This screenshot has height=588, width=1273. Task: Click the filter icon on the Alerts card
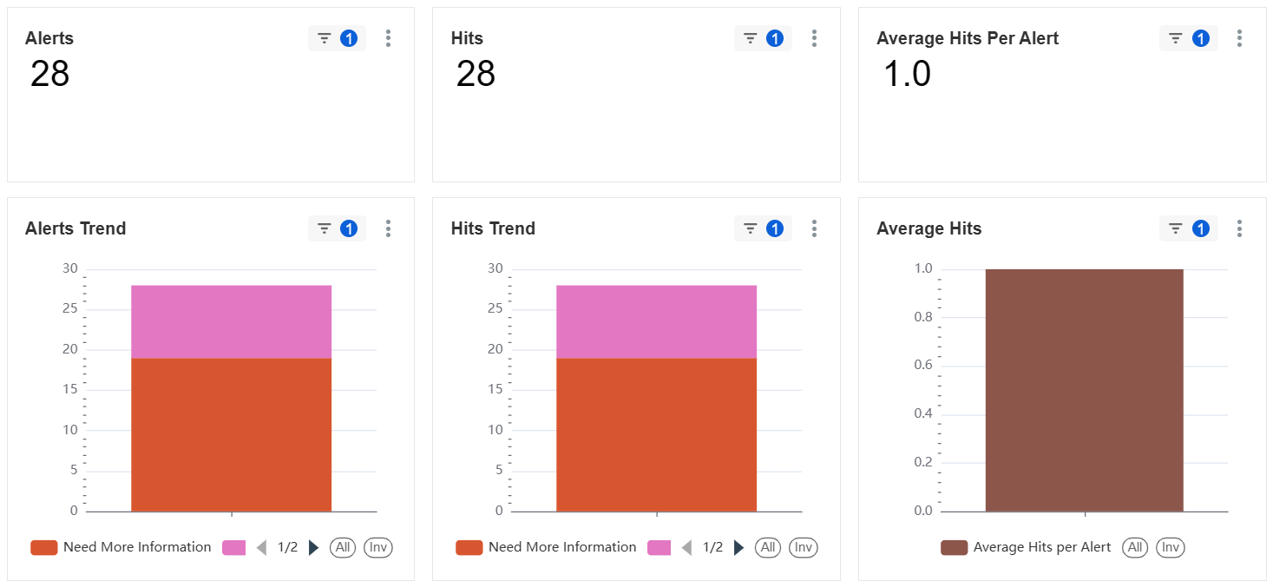(324, 38)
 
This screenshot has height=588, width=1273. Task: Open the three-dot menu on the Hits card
(814, 38)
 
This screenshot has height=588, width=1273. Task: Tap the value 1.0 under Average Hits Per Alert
(907, 74)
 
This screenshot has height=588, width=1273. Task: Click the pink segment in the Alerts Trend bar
(232, 322)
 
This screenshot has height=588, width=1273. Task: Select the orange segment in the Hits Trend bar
(656, 434)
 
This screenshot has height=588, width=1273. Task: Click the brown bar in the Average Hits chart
(1085, 390)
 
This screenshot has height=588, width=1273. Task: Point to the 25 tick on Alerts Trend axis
(70, 308)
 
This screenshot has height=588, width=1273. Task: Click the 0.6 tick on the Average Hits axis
(923, 365)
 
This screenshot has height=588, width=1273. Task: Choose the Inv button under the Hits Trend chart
(803, 547)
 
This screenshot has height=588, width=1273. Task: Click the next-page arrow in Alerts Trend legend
(313, 548)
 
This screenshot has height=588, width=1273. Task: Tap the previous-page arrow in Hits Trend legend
(686, 548)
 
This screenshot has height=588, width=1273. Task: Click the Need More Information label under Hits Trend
(562, 547)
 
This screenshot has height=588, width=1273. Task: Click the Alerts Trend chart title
(75, 228)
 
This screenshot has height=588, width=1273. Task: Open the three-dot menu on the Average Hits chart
(1239, 228)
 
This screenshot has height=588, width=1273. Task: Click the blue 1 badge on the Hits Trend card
(775, 228)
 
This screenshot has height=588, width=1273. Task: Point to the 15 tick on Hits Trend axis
(495, 389)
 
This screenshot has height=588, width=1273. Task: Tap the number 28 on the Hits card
(476, 74)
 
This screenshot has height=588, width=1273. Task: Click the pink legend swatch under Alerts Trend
(233, 548)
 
